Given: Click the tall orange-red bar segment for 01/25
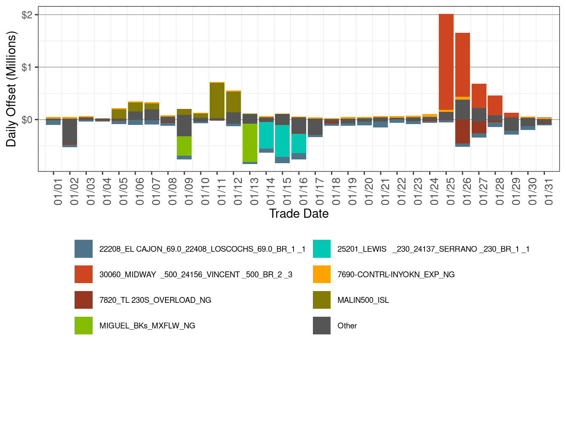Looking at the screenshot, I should pyautogui.click(x=446, y=62).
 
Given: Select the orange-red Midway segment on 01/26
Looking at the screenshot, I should pyautogui.click(x=462, y=65).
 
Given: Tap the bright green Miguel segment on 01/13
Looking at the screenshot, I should pyautogui.click(x=250, y=143).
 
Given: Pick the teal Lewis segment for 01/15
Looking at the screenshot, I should pyautogui.click(x=282, y=141).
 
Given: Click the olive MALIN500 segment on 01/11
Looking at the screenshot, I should pyautogui.click(x=217, y=101).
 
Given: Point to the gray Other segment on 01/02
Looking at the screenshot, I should pyautogui.click(x=69, y=131).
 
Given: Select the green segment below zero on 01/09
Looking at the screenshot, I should pyautogui.click(x=184, y=146).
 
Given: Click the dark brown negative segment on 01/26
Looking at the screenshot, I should pyautogui.click(x=462, y=131).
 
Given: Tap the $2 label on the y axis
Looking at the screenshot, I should pyautogui.click(x=27, y=15).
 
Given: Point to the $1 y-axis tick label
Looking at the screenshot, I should pyautogui.click(x=27, y=67).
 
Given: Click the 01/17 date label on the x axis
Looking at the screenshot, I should pyautogui.click(x=320, y=191).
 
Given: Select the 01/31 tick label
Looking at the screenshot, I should pyautogui.click(x=548, y=191).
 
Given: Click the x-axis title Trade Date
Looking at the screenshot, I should pyautogui.click(x=299, y=214).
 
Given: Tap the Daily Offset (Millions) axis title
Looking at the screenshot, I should pyautogui.click(x=11, y=89).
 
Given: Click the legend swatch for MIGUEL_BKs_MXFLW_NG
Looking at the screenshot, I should pyautogui.click(x=83, y=326).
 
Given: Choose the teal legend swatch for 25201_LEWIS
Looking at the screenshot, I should pyautogui.click(x=322, y=249).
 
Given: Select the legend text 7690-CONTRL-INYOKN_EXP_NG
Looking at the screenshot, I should pyautogui.click(x=396, y=275).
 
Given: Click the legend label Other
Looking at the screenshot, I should pyautogui.click(x=347, y=326).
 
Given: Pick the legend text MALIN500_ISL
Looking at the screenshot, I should pyautogui.click(x=363, y=300).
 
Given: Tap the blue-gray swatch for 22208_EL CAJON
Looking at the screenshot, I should pyautogui.click(x=83, y=249).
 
